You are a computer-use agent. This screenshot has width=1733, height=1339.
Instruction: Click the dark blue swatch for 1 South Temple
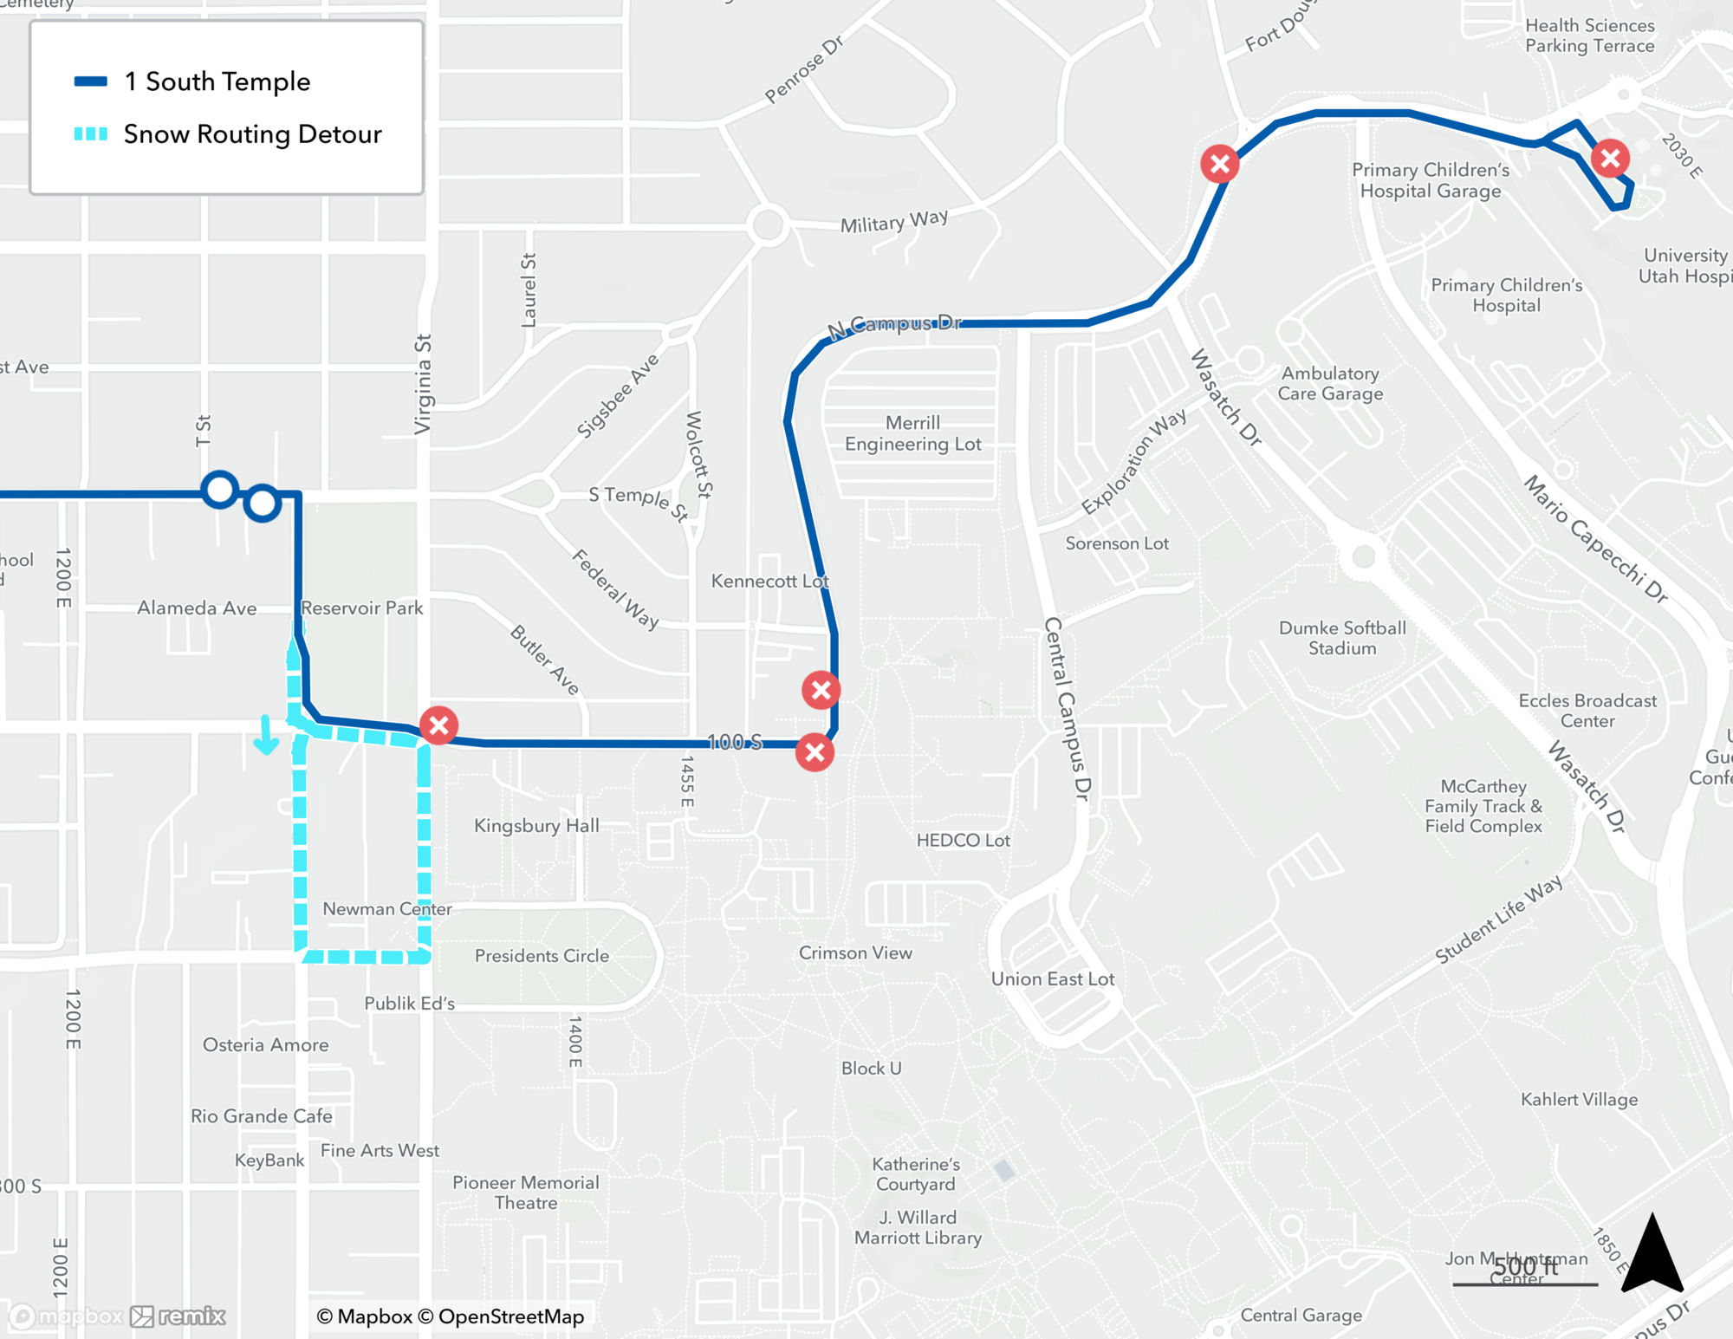pos(91,82)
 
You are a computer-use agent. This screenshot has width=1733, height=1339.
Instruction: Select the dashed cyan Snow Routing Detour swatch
pos(91,134)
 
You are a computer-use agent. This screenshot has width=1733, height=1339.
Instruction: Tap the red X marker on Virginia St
pos(438,725)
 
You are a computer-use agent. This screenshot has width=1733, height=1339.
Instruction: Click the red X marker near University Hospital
pos(1610,159)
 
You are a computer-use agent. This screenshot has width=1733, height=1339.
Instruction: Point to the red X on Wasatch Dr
pos(1219,163)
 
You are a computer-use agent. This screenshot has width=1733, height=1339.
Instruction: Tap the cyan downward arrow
pos(266,735)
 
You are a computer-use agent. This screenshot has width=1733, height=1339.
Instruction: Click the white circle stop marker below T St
pos(220,490)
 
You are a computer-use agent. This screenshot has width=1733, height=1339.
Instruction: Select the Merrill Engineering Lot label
pos(912,433)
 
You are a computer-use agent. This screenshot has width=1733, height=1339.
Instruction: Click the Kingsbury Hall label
pos(536,826)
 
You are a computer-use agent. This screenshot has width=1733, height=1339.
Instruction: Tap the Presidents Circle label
pos(542,956)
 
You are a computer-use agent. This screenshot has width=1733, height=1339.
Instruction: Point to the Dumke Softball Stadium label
pos(1342,638)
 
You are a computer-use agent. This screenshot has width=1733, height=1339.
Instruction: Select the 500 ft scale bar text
pos(1525,1267)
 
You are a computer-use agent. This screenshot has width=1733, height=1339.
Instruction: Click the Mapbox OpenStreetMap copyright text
pos(451,1316)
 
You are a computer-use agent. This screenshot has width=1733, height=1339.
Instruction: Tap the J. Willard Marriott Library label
pos(918,1227)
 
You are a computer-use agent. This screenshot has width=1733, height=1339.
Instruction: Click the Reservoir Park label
pos(361,608)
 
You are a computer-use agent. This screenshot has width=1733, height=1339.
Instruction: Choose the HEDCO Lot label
pos(963,840)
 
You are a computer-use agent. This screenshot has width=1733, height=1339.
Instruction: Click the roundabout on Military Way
pos(768,225)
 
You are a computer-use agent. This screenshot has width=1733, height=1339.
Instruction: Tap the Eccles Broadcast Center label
pos(1587,711)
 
